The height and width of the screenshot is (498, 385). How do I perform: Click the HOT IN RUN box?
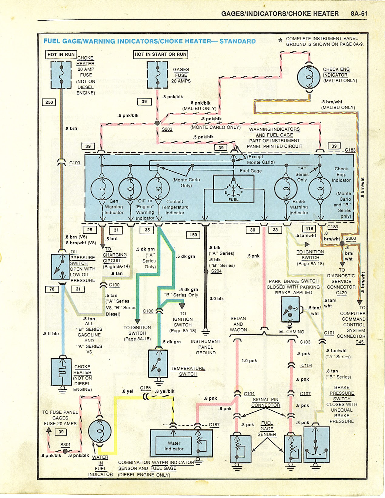61,55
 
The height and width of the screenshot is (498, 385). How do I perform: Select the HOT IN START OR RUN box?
161,54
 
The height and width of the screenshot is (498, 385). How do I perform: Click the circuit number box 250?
49,102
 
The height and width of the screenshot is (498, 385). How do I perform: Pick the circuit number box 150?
193,235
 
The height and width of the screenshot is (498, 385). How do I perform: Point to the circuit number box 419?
309,229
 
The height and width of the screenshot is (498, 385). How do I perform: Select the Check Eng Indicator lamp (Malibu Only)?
309,77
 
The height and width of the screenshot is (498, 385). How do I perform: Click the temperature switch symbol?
158,364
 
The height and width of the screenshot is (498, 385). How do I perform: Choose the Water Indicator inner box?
174,446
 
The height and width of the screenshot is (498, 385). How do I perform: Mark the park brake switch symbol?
290,309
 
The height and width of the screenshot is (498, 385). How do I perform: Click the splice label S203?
167,129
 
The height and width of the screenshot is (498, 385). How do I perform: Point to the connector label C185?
146,388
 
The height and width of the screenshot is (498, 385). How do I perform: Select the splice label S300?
351,239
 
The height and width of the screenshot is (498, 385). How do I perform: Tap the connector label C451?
360,342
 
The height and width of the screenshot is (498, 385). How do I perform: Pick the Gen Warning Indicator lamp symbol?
102,189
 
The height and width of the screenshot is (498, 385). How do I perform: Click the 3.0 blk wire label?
216,299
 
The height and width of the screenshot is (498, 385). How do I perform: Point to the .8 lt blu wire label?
51,334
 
